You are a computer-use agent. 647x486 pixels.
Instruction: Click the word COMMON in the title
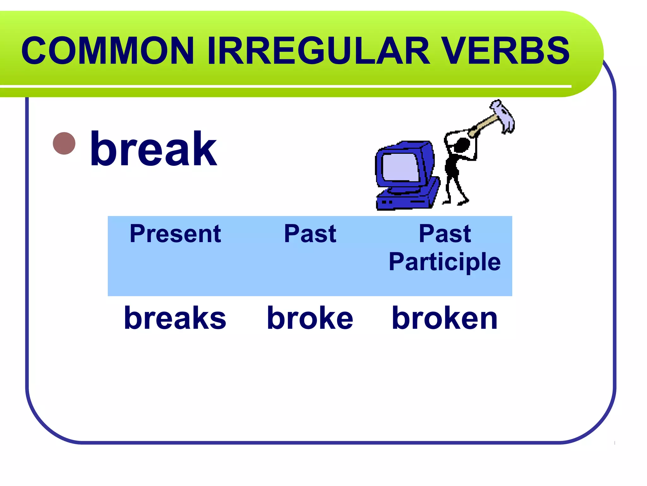(x=107, y=51)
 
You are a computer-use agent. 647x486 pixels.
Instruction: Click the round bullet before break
(x=64, y=143)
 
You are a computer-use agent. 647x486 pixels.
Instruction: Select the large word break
(x=154, y=149)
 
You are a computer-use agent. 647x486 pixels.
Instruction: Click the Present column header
(x=175, y=234)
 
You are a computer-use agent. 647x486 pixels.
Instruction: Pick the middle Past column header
(x=310, y=234)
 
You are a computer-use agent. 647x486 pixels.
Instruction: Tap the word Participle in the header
(x=445, y=262)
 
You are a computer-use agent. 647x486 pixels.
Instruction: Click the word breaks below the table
(x=175, y=318)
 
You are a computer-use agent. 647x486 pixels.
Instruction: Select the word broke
(x=310, y=318)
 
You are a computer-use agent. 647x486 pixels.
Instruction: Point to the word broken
(x=445, y=318)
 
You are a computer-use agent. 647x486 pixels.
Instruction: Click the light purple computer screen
(x=401, y=167)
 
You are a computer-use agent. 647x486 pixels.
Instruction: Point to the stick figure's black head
(x=462, y=145)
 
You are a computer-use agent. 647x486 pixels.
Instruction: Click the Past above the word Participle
(x=445, y=234)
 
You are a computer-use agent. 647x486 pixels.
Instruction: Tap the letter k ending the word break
(x=206, y=149)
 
